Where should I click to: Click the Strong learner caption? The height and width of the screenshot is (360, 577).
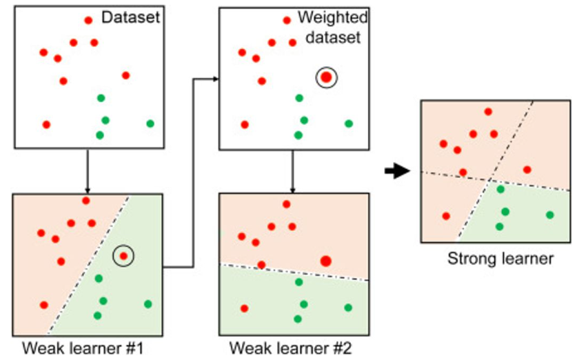(x=500, y=259)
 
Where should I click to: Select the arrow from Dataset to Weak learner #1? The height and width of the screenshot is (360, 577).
(x=87, y=170)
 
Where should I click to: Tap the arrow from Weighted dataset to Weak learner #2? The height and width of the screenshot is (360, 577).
(x=293, y=170)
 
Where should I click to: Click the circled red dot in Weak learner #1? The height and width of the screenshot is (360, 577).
(x=123, y=257)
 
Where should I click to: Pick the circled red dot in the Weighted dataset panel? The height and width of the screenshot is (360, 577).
(x=326, y=78)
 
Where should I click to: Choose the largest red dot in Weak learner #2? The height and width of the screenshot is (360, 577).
(x=325, y=261)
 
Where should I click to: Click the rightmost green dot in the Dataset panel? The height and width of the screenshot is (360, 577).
(x=150, y=123)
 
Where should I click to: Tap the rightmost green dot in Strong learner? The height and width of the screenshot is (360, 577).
(x=549, y=214)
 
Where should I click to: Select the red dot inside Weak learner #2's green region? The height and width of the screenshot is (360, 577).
(x=244, y=308)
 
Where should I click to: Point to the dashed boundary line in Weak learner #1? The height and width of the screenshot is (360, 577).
(x=90, y=262)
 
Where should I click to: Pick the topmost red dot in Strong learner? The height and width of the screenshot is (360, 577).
(x=488, y=112)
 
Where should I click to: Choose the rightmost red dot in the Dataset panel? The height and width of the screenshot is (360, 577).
(x=125, y=75)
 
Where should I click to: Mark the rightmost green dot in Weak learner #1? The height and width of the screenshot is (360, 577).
(x=148, y=304)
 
